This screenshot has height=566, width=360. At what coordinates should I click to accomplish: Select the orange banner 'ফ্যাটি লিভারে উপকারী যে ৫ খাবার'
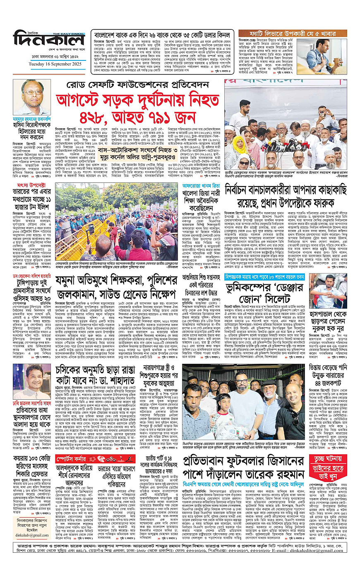pos(292,32)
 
